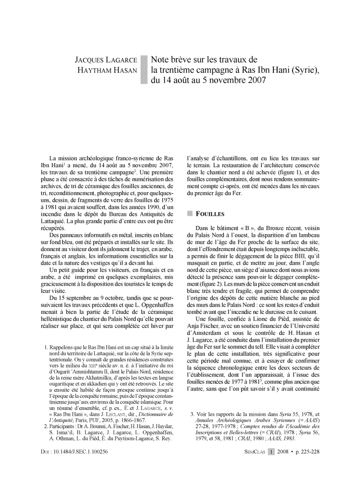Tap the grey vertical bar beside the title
(x=144, y=70)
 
